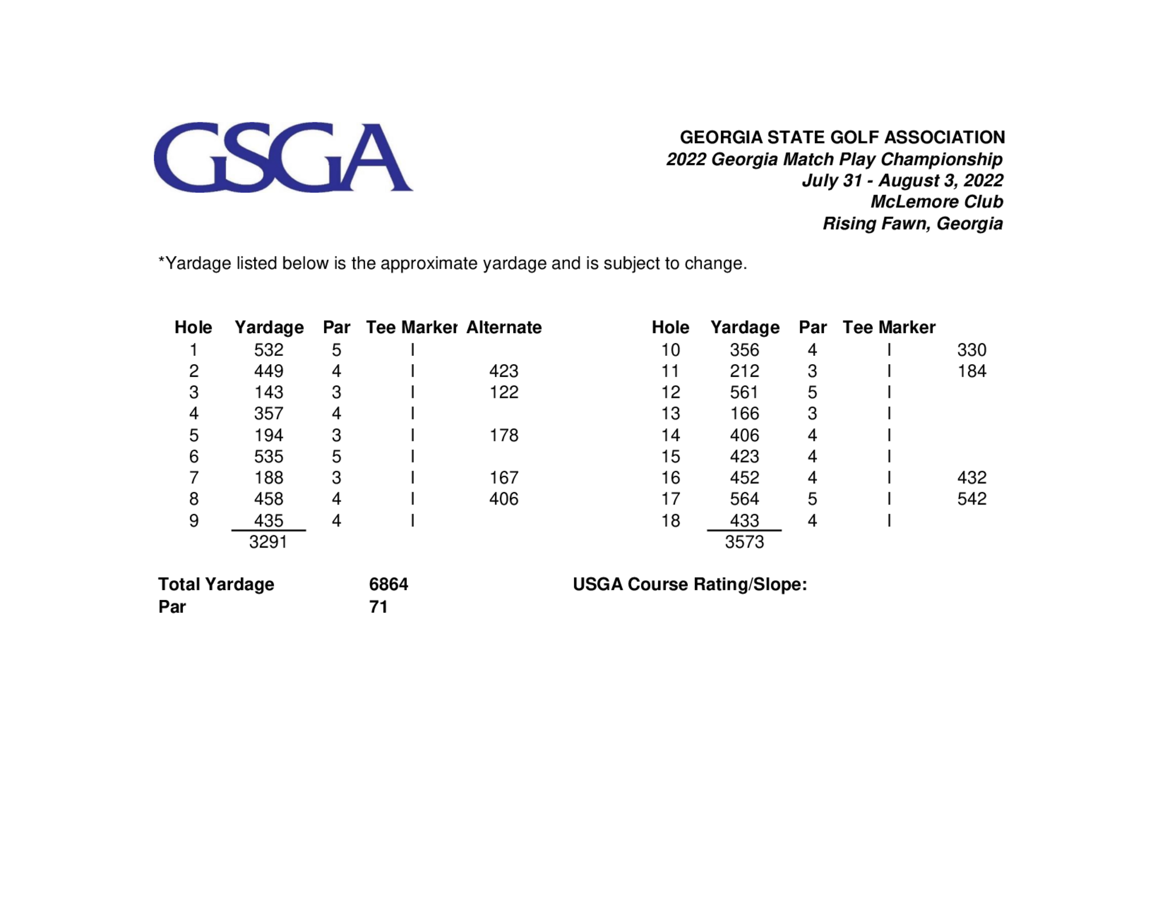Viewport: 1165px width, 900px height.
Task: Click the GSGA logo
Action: [x=283, y=157]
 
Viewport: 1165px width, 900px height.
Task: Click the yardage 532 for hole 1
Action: [x=269, y=350]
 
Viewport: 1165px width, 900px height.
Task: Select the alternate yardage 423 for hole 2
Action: [x=504, y=371]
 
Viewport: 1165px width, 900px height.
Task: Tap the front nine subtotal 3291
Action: [x=268, y=542]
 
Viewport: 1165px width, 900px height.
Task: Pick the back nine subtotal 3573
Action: [x=744, y=542]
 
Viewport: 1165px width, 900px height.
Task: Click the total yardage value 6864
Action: [x=388, y=584]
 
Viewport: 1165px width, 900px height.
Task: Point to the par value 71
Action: [x=378, y=606]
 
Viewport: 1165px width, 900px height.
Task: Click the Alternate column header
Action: [x=504, y=327]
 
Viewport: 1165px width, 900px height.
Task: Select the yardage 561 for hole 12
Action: [x=744, y=392]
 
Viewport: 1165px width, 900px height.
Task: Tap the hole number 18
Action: [x=670, y=520]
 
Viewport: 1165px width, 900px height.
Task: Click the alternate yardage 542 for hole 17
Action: [x=972, y=499]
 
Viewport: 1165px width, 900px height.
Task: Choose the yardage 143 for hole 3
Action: [x=269, y=392]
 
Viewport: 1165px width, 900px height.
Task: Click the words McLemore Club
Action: [x=936, y=202]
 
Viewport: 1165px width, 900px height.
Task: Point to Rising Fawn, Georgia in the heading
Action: [x=912, y=223]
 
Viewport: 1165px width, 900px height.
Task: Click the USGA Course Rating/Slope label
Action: [x=689, y=584]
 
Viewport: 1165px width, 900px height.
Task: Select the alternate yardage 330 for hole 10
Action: [x=972, y=350]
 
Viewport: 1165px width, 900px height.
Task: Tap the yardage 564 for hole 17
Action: [x=744, y=499]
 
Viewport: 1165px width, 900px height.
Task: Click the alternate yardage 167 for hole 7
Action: [x=504, y=478]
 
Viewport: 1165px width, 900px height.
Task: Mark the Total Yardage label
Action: [x=216, y=584]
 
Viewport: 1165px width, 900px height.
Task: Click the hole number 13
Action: [x=670, y=414]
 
